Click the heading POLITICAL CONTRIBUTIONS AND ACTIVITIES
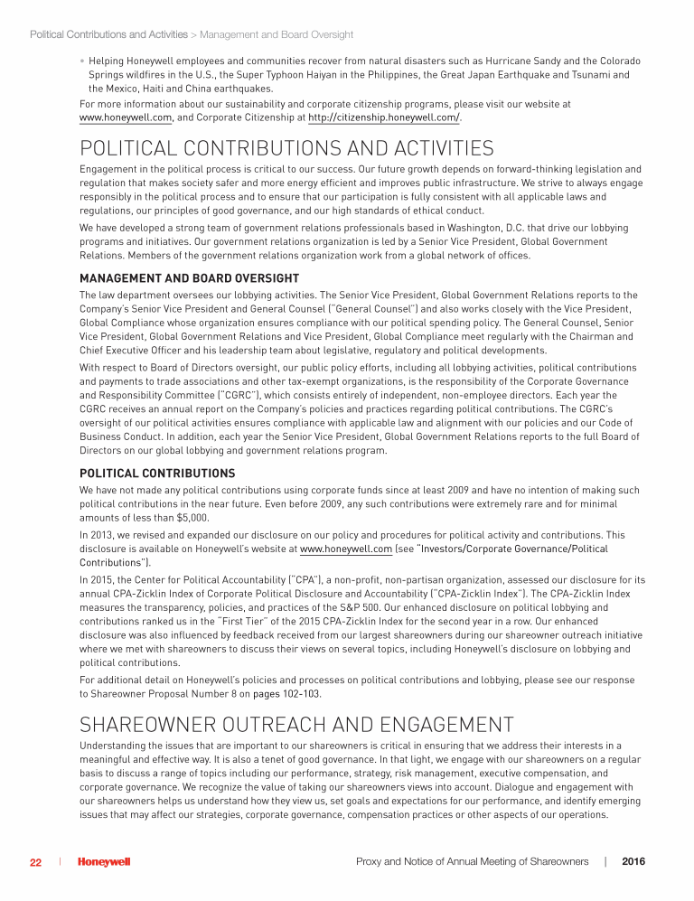pos(286,148)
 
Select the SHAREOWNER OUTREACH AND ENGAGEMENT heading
pos(296,724)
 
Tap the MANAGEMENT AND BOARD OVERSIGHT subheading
pos(189,277)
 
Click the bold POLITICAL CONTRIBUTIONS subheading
pos(157,473)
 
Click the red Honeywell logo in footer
pos(104,862)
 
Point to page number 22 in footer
pos(35,862)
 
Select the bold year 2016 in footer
pos(635,862)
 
